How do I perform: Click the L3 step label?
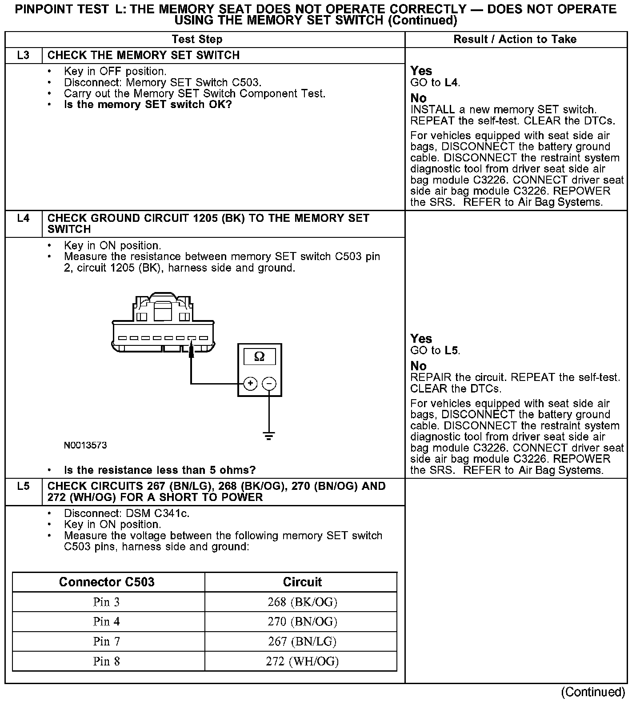point(24,56)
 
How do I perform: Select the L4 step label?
point(24,218)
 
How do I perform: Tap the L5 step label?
point(24,486)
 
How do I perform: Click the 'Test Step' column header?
point(197,40)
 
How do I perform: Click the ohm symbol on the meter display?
point(259,357)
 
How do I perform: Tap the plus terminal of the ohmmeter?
point(251,383)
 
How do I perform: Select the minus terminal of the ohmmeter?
point(269,383)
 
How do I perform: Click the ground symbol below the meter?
point(269,435)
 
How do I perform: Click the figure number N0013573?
point(85,445)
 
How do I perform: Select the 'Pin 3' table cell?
point(107,602)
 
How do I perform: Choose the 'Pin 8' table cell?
point(107,661)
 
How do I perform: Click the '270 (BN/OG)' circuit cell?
point(302,621)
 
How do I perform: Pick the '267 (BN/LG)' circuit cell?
point(302,641)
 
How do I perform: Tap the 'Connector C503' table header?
point(107,582)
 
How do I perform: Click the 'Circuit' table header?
point(302,582)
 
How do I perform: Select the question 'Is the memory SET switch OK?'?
point(148,105)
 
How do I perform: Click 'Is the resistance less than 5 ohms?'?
point(160,470)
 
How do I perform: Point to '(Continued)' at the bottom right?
point(593,692)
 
